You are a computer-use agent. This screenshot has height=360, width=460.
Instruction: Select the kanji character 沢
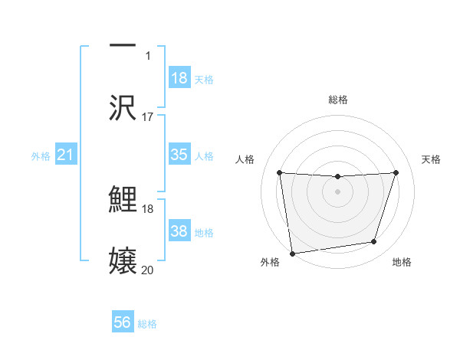123,106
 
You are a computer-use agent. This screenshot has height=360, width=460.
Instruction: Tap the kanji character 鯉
123,200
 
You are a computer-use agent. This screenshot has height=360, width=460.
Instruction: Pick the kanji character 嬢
123,260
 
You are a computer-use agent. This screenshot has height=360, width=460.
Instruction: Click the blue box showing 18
179,77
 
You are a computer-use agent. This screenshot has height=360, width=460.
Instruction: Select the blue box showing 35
179,154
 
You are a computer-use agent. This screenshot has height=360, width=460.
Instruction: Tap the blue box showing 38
179,231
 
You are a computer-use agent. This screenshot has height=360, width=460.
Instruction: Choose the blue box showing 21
66,155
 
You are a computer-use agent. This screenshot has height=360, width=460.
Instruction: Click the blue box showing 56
123,322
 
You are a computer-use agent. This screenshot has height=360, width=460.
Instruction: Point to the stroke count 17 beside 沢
148,117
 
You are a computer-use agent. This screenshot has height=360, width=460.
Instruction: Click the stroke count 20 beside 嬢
148,270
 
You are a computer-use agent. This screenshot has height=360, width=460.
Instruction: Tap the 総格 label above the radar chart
337,100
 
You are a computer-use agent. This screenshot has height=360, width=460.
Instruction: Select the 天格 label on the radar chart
431,159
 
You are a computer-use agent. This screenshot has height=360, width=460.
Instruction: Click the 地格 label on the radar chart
402,263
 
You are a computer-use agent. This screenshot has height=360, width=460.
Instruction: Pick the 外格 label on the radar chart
271,263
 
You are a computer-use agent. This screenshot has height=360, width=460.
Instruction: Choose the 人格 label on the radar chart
245,159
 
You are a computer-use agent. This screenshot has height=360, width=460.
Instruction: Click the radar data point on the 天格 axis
396,172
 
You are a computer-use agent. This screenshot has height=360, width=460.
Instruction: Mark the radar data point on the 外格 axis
291,253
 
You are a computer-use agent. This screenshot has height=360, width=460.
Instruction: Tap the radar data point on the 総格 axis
337,177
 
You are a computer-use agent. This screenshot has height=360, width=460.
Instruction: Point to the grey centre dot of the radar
337,191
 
